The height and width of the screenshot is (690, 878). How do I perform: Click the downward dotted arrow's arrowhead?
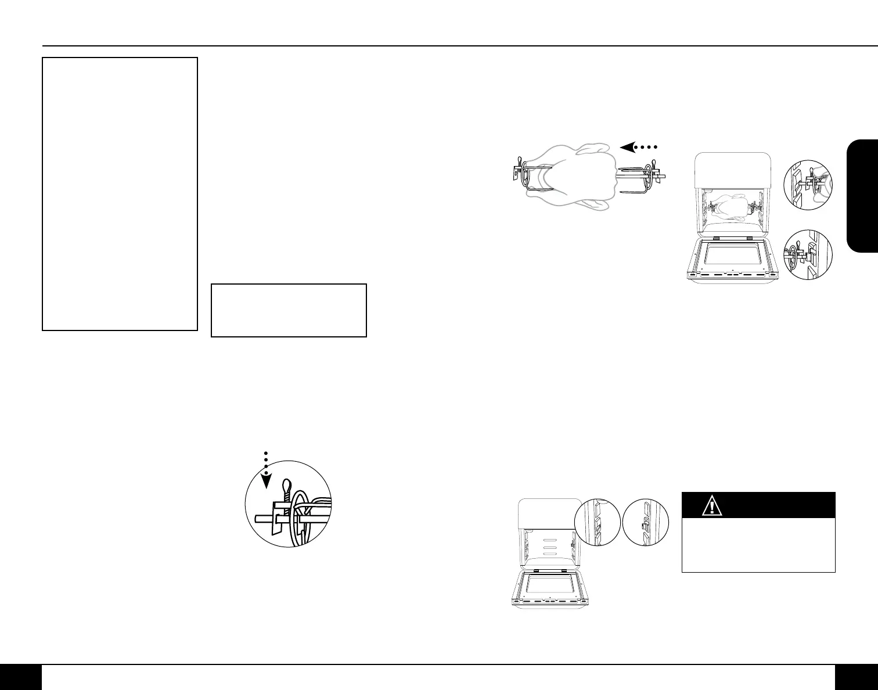266,482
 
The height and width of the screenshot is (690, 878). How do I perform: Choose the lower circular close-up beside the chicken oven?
808,255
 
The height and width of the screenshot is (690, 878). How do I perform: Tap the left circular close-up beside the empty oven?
596,522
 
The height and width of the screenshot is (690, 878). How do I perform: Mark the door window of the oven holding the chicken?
732,260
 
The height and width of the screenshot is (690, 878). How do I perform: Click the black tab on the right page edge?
862,196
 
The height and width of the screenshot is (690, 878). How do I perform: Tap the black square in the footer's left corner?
21,677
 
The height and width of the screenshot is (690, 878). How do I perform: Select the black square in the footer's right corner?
856,677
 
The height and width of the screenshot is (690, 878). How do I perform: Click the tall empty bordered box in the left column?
120,193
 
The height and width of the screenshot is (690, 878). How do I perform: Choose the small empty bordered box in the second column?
289,310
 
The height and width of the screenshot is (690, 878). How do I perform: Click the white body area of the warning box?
758,545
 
